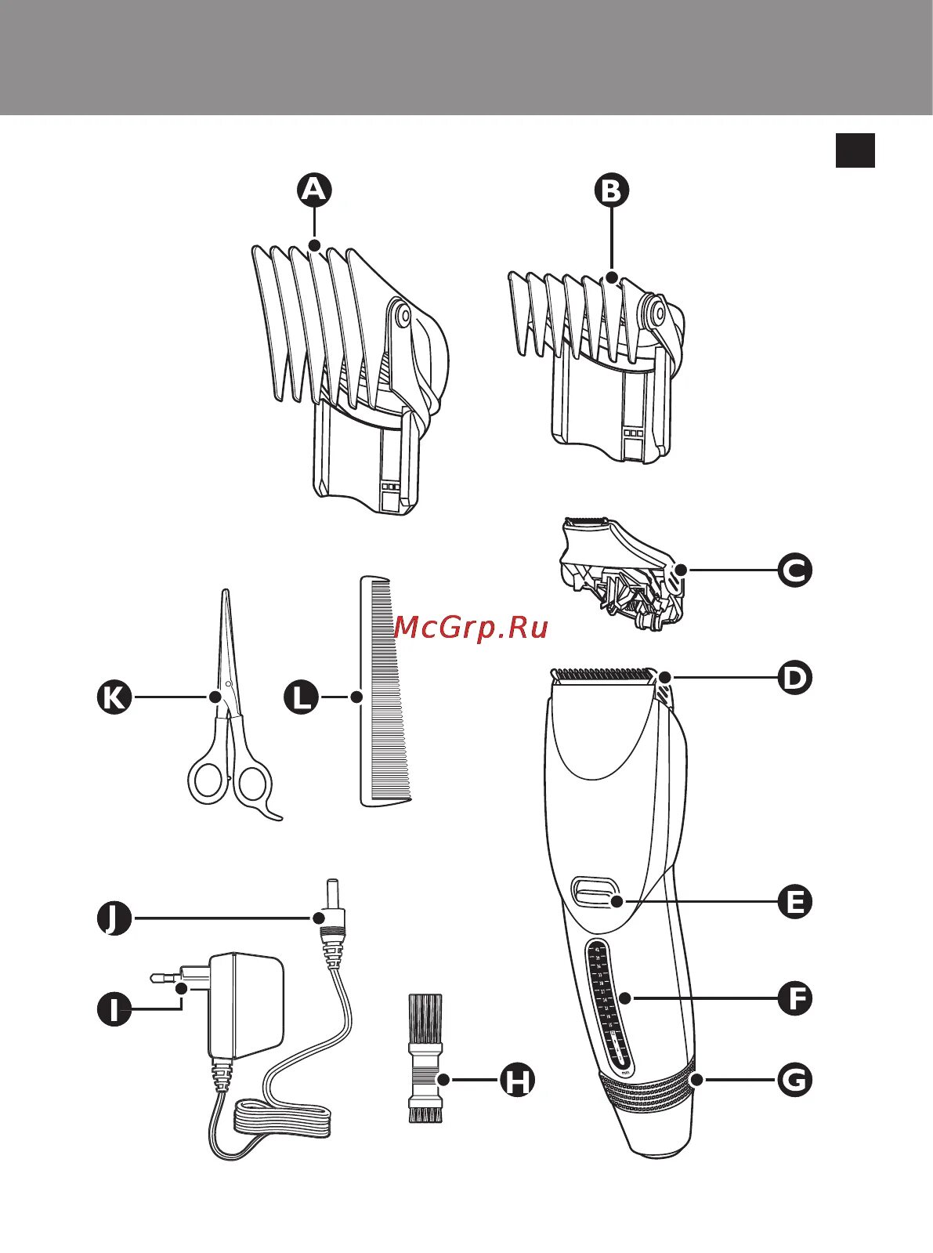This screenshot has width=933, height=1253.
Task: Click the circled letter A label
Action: click(314, 190)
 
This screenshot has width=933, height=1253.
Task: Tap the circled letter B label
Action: click(611, 190)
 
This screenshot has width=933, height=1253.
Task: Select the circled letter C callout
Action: click(795, 570)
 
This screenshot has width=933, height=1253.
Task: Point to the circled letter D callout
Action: click(795, 678)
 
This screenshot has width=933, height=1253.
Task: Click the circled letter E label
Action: click(795, 902)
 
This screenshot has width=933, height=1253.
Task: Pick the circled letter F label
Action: click(795, 998)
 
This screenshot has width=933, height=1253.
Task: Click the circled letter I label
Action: click(114, 1009)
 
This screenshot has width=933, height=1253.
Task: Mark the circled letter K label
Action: click(114, 697)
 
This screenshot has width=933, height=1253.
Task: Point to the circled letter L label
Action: click(302, 697)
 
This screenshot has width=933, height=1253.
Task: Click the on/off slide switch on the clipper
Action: click(595, 893)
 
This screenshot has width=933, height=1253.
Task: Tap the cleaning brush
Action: click(425, 1058)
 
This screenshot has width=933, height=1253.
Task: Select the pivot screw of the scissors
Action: click(228, 684)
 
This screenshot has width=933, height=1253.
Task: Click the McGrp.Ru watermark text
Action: click(471, 628)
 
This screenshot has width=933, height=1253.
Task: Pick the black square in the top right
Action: click(855, 150)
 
